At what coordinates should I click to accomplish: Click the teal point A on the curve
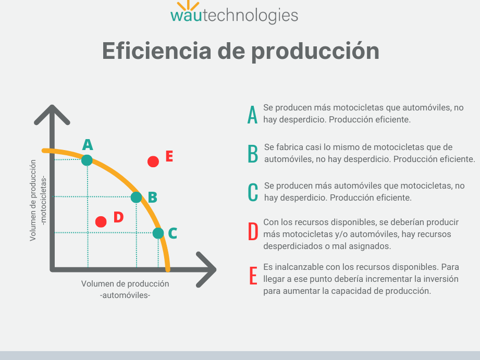[87, 160]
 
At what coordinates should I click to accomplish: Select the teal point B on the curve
[136, 197]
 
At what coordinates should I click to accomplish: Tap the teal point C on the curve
[158, 233]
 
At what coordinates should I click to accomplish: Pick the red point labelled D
[101, 221]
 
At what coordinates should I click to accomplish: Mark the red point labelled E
[153, 162]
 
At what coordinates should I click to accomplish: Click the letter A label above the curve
[88, 144]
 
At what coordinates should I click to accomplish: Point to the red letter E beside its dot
[169, 156]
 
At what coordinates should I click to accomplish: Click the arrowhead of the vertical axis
[52, 115]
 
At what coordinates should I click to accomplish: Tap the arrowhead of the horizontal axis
[206, 270]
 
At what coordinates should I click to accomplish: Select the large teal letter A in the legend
[253, 115]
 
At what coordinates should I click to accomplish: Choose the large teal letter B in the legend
[253, 154]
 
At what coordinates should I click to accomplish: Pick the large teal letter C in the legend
[253, 192]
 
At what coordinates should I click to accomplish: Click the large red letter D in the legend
[253, 231]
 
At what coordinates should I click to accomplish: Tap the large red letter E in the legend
[253, 276]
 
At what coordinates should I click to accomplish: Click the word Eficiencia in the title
[157, 51]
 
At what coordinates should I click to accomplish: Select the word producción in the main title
[316, 51]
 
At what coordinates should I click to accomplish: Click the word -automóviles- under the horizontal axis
[125, 295]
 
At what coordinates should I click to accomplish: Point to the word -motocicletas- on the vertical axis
[43, 201]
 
